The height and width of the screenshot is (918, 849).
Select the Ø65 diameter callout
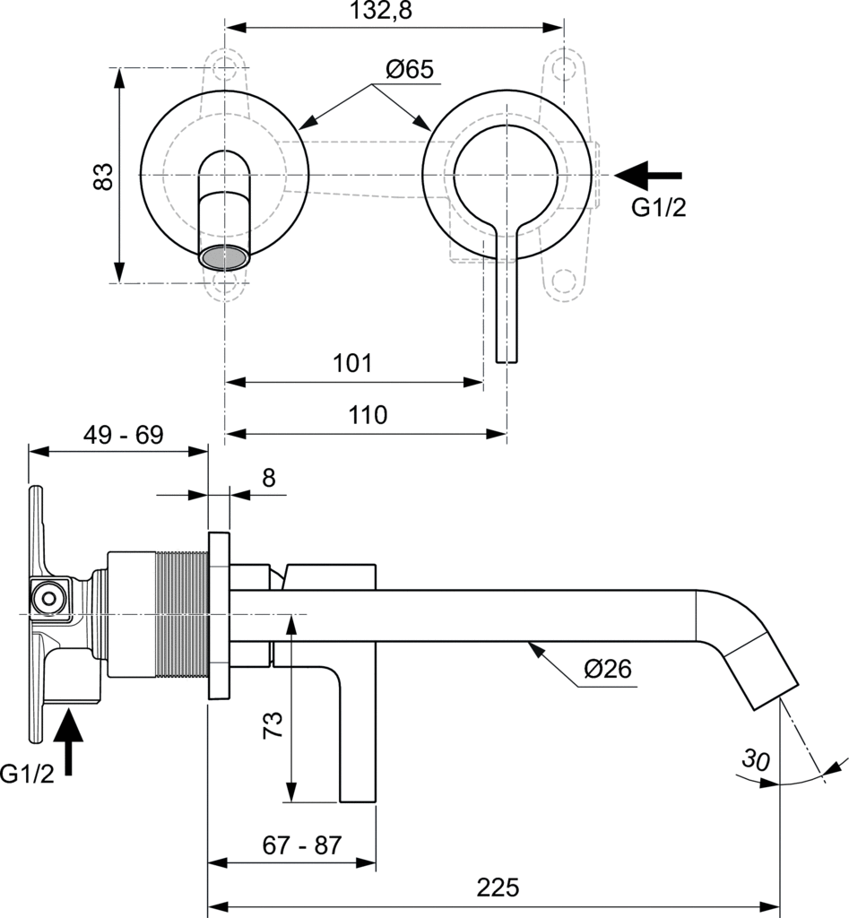coord(410,69)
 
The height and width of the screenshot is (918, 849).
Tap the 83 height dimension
coord(104,176)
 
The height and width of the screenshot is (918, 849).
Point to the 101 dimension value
coord(352,364)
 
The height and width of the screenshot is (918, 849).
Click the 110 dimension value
coord(368,415)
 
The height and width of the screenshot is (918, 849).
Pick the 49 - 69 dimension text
coord(124,436)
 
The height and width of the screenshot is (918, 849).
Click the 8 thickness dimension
coord(268,478)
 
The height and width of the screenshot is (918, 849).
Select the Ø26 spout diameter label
coord(608,669)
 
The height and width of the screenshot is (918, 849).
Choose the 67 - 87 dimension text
coord(302,845)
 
